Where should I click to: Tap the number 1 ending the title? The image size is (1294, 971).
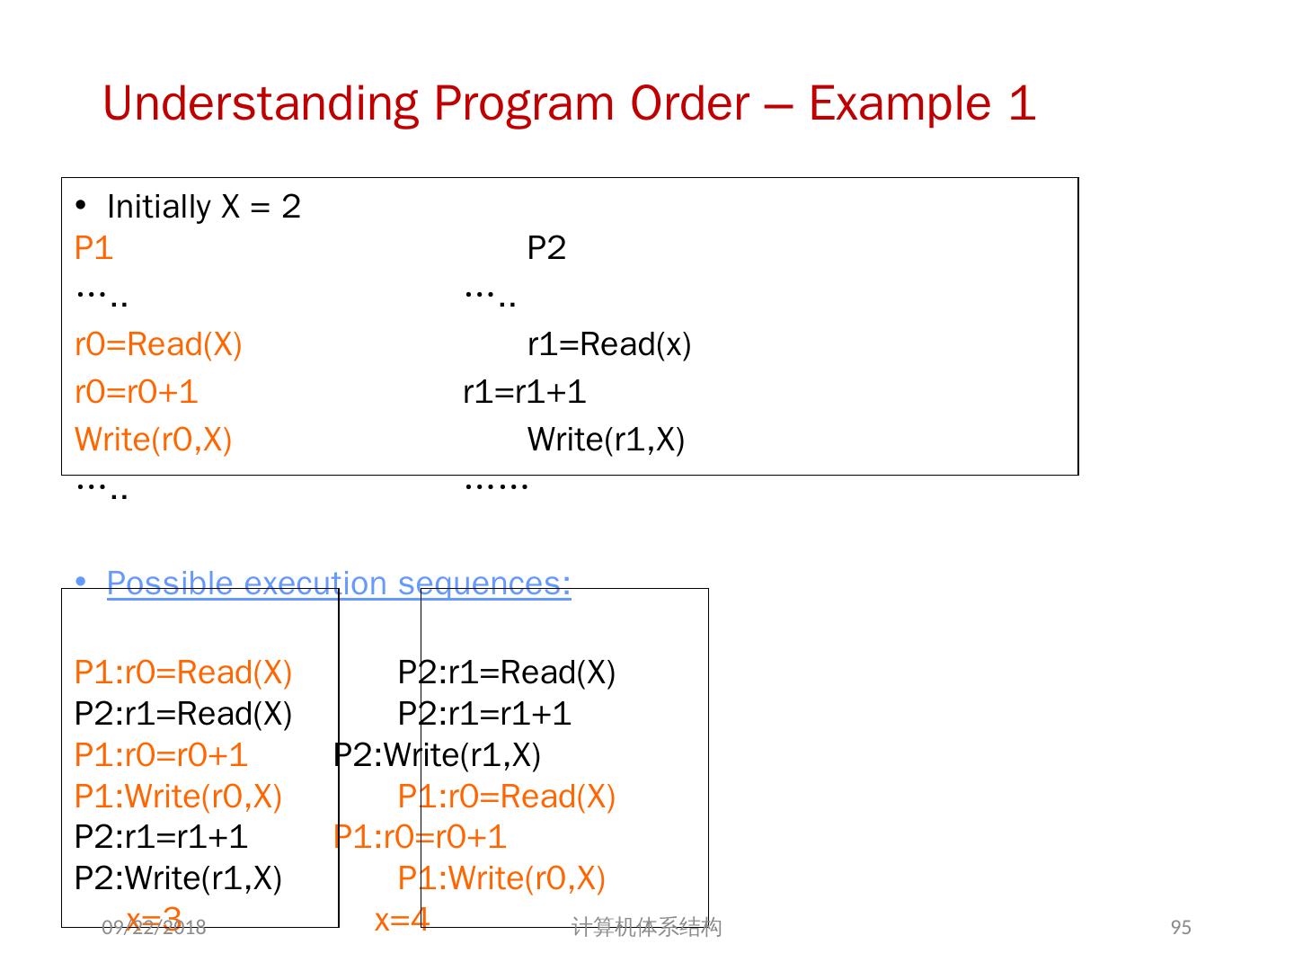(1022, 103)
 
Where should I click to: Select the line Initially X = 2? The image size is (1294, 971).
(203, 207)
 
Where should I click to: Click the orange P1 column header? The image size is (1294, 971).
(93, 248)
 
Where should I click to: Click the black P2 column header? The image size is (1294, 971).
(546, 248)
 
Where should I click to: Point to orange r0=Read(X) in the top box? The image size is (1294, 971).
(158, 344)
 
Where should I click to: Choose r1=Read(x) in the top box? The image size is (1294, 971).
(609, 344)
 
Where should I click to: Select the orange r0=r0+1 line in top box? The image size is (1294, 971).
(136, 392)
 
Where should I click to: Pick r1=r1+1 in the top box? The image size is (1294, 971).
(525, 392)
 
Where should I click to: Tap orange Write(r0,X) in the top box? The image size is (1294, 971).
(153, 440)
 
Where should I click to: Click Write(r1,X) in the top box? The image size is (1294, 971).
(606, 440)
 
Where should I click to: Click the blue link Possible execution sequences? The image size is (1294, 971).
(339, 583)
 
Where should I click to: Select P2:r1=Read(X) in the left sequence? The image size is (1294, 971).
(183, 714)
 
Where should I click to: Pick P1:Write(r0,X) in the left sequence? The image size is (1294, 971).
(178, 797)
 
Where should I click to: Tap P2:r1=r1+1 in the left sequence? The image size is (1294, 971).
(161, 837)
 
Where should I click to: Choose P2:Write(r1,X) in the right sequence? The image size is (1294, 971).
(437, 755)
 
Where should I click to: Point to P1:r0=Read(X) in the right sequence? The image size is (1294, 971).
(506, 797)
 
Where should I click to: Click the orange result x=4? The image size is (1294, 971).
(402, 920)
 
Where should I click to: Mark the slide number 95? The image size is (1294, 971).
(1181, 927)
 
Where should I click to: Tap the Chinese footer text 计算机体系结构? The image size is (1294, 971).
(646, 927)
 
